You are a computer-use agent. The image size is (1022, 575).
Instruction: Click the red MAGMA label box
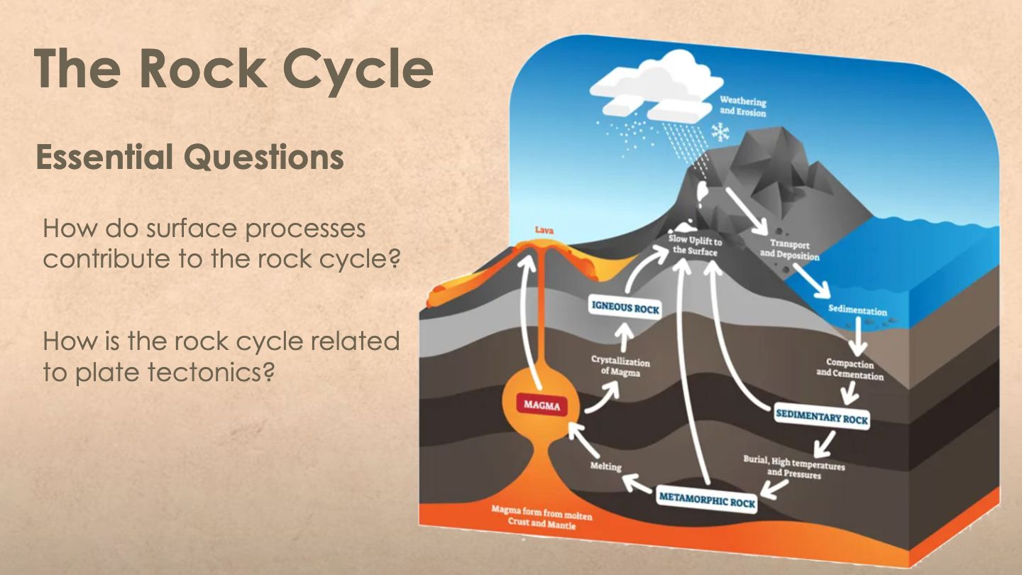click(x=542, y=405)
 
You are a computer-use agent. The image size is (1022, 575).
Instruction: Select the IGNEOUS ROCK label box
click(x=625, y=308)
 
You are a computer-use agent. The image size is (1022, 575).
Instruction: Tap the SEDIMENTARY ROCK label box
click(x=822, y=417)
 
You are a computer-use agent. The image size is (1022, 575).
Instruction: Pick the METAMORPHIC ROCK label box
click(x=707, y=500)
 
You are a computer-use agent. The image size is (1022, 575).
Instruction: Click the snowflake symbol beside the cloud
click(x=721, y=132)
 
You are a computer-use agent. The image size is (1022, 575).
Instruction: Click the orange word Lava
click(x=544, y=231)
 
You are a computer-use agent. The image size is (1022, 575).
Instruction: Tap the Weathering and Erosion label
click(x=742, y=106)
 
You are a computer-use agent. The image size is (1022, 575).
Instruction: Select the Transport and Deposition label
click(x=789, y=250)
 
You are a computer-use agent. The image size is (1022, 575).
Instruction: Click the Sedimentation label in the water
click(x=857, y=310)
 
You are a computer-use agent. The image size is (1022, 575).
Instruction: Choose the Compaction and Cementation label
click(x=850, y=369)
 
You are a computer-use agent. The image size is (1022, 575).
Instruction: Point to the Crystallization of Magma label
click(x=620, y=366)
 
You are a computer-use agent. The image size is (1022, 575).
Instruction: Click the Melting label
click(x=605, y=466)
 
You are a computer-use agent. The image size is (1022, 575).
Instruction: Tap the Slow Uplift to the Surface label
click(x=696, y=246)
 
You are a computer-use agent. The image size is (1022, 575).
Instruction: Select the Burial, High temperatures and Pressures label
click(x=794, y=467)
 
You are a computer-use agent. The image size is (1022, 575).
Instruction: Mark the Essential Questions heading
click(x=189, y=158)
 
